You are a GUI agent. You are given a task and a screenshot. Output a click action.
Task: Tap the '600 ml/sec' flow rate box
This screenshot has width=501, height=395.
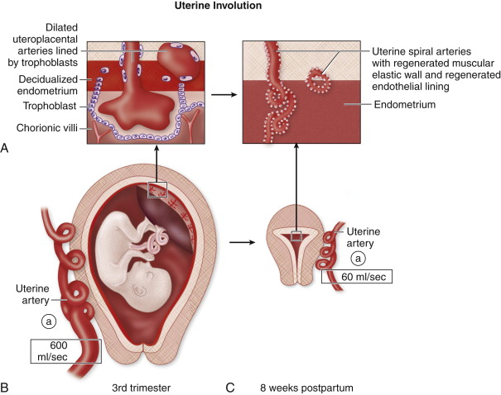click(x=65, y=350)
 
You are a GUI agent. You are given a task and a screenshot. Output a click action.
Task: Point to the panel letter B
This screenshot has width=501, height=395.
click(x=7, y=385)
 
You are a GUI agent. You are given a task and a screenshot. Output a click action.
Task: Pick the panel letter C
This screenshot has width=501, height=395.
click(x=231, y=385)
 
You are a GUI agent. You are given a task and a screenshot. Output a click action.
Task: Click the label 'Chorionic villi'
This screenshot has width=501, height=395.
click(x=42, y=128)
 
